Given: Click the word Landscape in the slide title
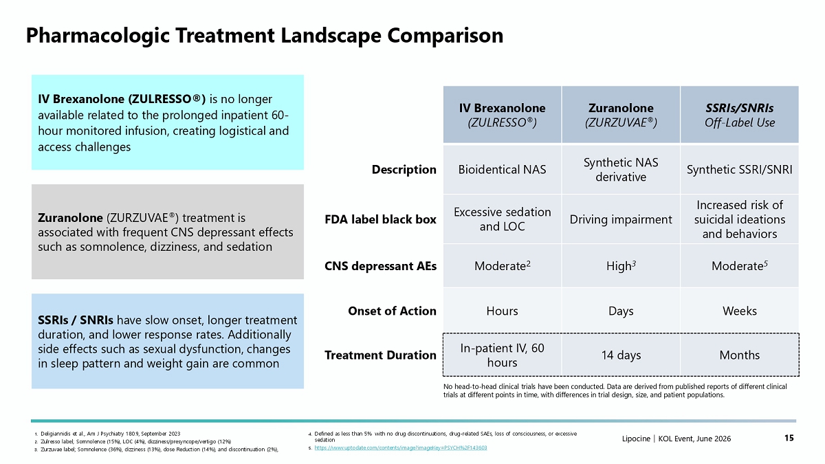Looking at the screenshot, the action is (329, 36).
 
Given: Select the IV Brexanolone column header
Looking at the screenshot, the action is (502, 115).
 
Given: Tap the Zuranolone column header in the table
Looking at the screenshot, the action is (621, 115).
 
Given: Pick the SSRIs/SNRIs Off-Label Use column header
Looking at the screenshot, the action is (740, 115).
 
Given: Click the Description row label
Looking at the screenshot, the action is (404, 169).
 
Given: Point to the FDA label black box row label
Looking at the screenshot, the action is (380, 219).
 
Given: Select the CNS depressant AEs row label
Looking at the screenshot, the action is (380, 266).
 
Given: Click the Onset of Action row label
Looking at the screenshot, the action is (393, 311).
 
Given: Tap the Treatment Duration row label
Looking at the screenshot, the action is (380, 355).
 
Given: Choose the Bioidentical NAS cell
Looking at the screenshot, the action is (502, 169).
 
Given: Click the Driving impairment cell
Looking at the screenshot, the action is (621, 219).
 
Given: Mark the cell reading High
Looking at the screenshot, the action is (621, 266).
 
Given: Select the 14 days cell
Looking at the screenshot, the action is (621, 355).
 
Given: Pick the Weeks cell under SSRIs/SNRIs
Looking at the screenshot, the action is (740, 311).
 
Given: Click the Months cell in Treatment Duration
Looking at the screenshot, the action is (740, 355).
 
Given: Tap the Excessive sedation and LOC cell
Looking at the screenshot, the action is (502, 219).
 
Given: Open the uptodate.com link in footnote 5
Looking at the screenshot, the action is (401, 448).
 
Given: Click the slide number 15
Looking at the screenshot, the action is (789, 438).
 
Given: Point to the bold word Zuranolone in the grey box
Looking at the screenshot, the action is (70, 218).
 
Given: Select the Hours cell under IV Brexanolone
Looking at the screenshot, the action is (502, 311).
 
